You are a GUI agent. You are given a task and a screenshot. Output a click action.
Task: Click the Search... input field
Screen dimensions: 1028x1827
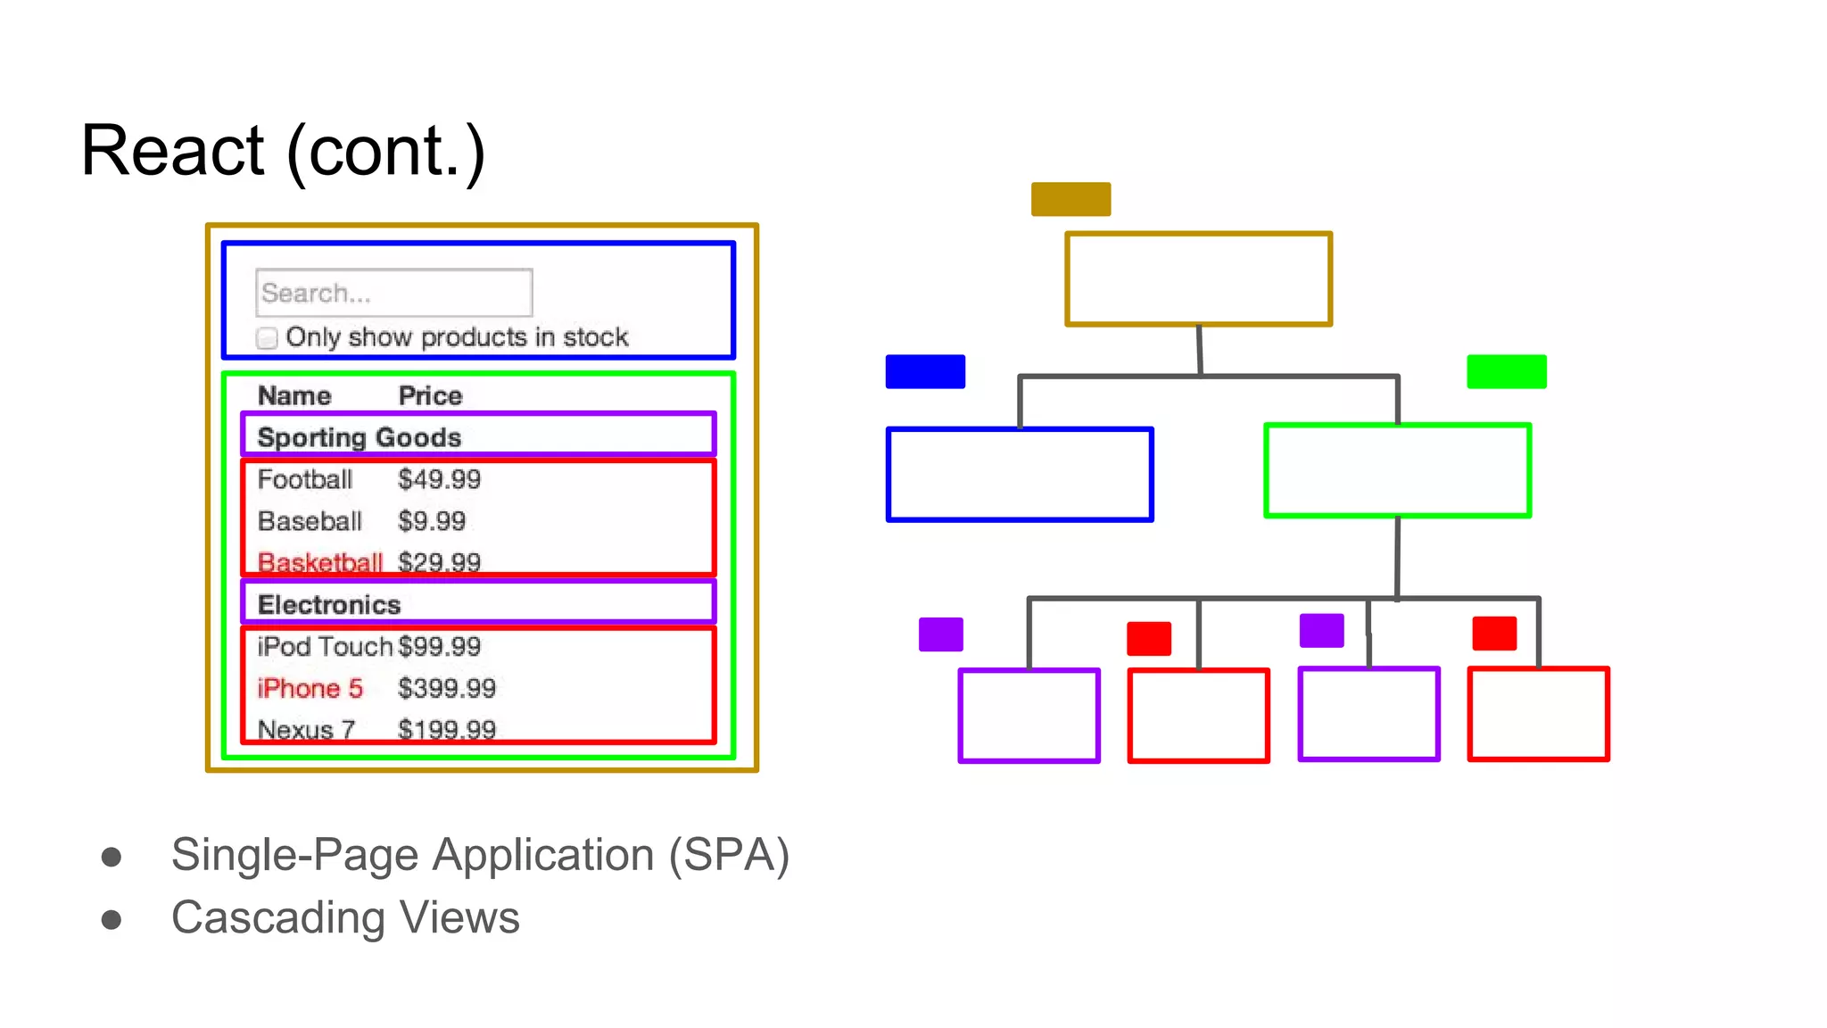click(x=393, y=293)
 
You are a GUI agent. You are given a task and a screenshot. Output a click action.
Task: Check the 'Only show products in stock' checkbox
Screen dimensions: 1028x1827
click(x=267, y=338)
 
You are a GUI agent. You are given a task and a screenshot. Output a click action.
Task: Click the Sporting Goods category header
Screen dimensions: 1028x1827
click(x=359, y=437)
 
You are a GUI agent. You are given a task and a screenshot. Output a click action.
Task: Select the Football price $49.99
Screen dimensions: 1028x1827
click(x=439, y=479)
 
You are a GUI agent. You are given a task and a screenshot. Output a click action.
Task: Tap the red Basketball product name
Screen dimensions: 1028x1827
click(x=319, y=562)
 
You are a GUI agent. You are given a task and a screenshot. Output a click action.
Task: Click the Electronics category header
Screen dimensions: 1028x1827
click(x=329, y=604)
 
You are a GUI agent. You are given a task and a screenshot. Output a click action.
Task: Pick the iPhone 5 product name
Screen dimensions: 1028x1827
click(x=310, y=688)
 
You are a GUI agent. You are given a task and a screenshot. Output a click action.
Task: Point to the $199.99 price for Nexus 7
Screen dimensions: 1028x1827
click(x=446, y=729)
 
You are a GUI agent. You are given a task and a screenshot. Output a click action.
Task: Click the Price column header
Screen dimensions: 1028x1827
click(x=430, y=395)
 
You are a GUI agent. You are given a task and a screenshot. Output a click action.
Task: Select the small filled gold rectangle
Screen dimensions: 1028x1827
click(x=1071, y=199)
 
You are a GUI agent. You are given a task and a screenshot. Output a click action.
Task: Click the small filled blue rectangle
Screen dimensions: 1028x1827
click(x=925, y=371)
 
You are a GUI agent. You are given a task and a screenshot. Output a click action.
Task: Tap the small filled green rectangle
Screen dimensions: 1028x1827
click(x=1506, y=371)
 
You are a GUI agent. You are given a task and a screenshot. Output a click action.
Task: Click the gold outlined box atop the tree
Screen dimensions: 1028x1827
click(x=1198, y=279)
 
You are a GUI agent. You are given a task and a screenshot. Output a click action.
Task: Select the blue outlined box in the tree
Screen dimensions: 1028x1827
click(x=1020, y=474)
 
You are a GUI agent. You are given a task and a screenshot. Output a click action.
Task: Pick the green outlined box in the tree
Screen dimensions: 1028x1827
click(x=1397, y=470)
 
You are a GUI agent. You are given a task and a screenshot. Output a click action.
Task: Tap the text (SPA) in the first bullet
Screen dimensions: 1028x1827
click(x=729, y=855)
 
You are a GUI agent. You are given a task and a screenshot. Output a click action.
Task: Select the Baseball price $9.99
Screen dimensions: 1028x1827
click(x=432, y=521)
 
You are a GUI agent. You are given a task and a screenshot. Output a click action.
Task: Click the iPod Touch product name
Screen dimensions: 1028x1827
click(x=324, y=646)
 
